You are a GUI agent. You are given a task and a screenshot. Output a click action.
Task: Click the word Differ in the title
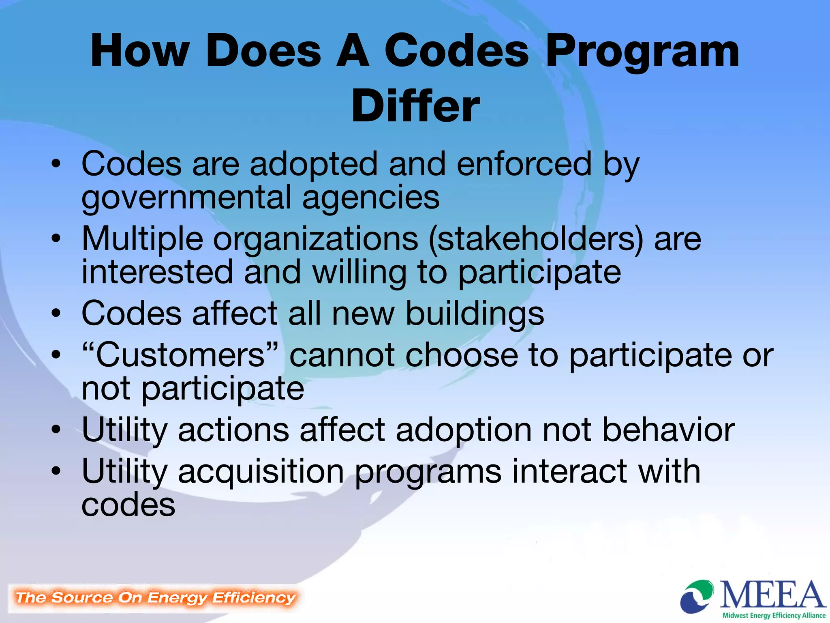[x=415, y=106]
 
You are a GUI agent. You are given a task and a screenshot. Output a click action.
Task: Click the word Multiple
[x=142, y=239]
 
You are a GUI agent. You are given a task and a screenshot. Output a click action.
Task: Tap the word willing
[x=359, y=273]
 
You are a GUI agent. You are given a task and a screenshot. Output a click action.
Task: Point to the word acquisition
[x=261, y=472]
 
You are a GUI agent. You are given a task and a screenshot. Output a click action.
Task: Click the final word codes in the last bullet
[x=128, y=505]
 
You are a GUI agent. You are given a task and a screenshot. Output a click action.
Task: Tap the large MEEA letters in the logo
[x=772, y=595]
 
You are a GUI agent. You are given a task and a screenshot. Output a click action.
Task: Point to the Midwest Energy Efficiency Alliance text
[x=774, y=615]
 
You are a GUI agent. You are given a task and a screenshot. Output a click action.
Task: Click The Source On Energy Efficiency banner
[x=155, y=598]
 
